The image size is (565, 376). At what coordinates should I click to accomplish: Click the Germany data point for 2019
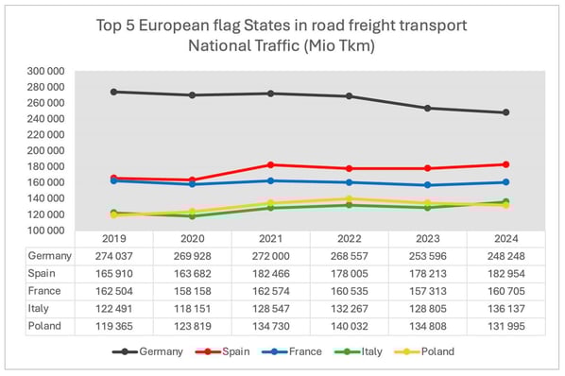pos(114,92)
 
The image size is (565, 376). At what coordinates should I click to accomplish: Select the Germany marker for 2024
pos(505,112)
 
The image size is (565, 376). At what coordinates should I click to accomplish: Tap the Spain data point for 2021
pos(271,165)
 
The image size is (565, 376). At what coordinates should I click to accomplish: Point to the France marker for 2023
pos(427,185)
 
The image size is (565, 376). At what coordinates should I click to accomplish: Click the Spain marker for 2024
pos(505,164)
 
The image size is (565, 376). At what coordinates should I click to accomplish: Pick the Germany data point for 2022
pos(350,96)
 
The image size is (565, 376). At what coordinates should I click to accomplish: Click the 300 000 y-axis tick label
pos(46,71)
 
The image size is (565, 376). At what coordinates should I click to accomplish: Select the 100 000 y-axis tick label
pos(46,231)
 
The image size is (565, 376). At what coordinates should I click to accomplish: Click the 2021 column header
pos(271,240)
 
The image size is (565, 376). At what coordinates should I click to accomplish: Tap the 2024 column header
pos(505,240)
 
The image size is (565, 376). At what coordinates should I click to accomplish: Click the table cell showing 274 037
pos(114,256)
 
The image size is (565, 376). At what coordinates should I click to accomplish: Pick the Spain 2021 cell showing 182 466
pos(271,274)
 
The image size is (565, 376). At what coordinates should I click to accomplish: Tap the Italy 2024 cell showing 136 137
pos(505,309)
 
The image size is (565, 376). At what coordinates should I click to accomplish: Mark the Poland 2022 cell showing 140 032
pos(350,326)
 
